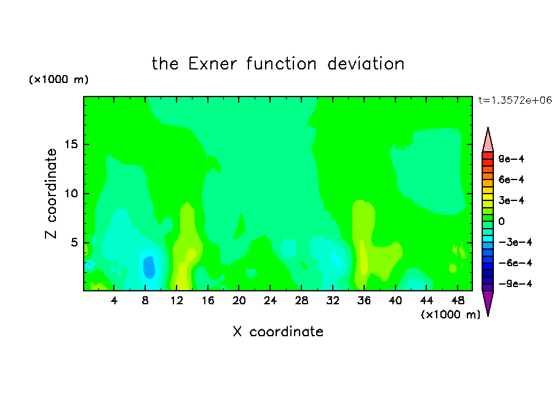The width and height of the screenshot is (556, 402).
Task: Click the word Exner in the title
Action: click(x=212, y=64)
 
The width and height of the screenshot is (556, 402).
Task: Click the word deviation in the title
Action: click(x=365, y=64)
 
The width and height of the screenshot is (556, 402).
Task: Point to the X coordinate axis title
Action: click(x=278, y=332)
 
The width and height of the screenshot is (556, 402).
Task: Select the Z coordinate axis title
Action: click(x=51, y=194)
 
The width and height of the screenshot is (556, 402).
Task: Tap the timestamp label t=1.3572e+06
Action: click(x=515, y=100)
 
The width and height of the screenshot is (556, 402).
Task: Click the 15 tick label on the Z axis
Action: click(x=71, y=144)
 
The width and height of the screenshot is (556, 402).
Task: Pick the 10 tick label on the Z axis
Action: click(x=71, y=194)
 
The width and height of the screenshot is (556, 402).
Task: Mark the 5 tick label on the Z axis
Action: click(x=74, y=242)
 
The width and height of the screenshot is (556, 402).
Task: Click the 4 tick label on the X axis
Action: click(x=114, y=301)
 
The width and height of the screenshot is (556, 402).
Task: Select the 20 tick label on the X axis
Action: click(x=239, y=301)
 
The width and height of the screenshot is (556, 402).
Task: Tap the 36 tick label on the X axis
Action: click(x=364, y=301)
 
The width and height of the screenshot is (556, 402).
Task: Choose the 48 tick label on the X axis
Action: click(x=458, y=301)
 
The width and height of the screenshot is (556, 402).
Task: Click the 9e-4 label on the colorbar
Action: click(x=511, y=159)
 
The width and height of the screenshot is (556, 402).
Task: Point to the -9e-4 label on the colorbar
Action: click(x=515, y=283)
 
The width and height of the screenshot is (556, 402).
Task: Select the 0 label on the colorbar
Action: click(x=501, y=221)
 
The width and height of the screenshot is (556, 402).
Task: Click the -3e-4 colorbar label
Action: click(x=515, y=242)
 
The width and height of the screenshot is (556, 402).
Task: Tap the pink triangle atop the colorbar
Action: click(x=488, y=142)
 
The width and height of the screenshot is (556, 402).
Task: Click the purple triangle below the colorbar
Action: click(x=488, y=301)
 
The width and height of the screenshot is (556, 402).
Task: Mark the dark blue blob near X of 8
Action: click(x=149, y=267)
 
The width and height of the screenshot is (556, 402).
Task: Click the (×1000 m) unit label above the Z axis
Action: click(x=58, y=79)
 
